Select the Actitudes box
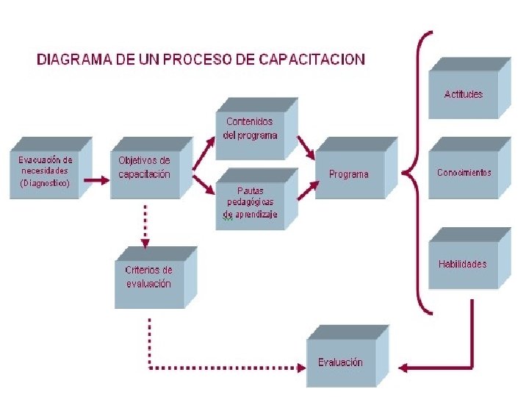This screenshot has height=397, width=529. [x=464, y=93]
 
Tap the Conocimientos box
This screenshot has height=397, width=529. [x=464, y=173]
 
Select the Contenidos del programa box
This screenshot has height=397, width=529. [x=251, y=129]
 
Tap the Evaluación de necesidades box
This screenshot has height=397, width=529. [x=46, y=171]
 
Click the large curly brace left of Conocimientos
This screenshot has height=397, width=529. [x=417, y=173]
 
